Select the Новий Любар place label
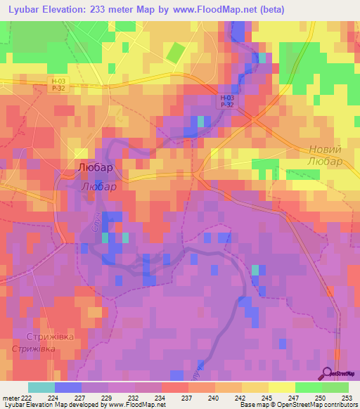[325, 155]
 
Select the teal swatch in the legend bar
[41, 387]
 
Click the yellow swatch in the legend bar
[281, 387]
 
